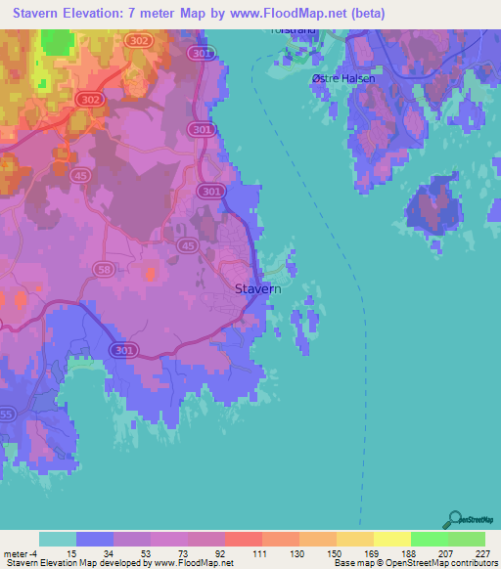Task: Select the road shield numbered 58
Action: point(103,268)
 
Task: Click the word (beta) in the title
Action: point(362,14)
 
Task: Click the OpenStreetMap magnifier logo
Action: point(455,519)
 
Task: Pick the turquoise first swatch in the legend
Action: point(58,539)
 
